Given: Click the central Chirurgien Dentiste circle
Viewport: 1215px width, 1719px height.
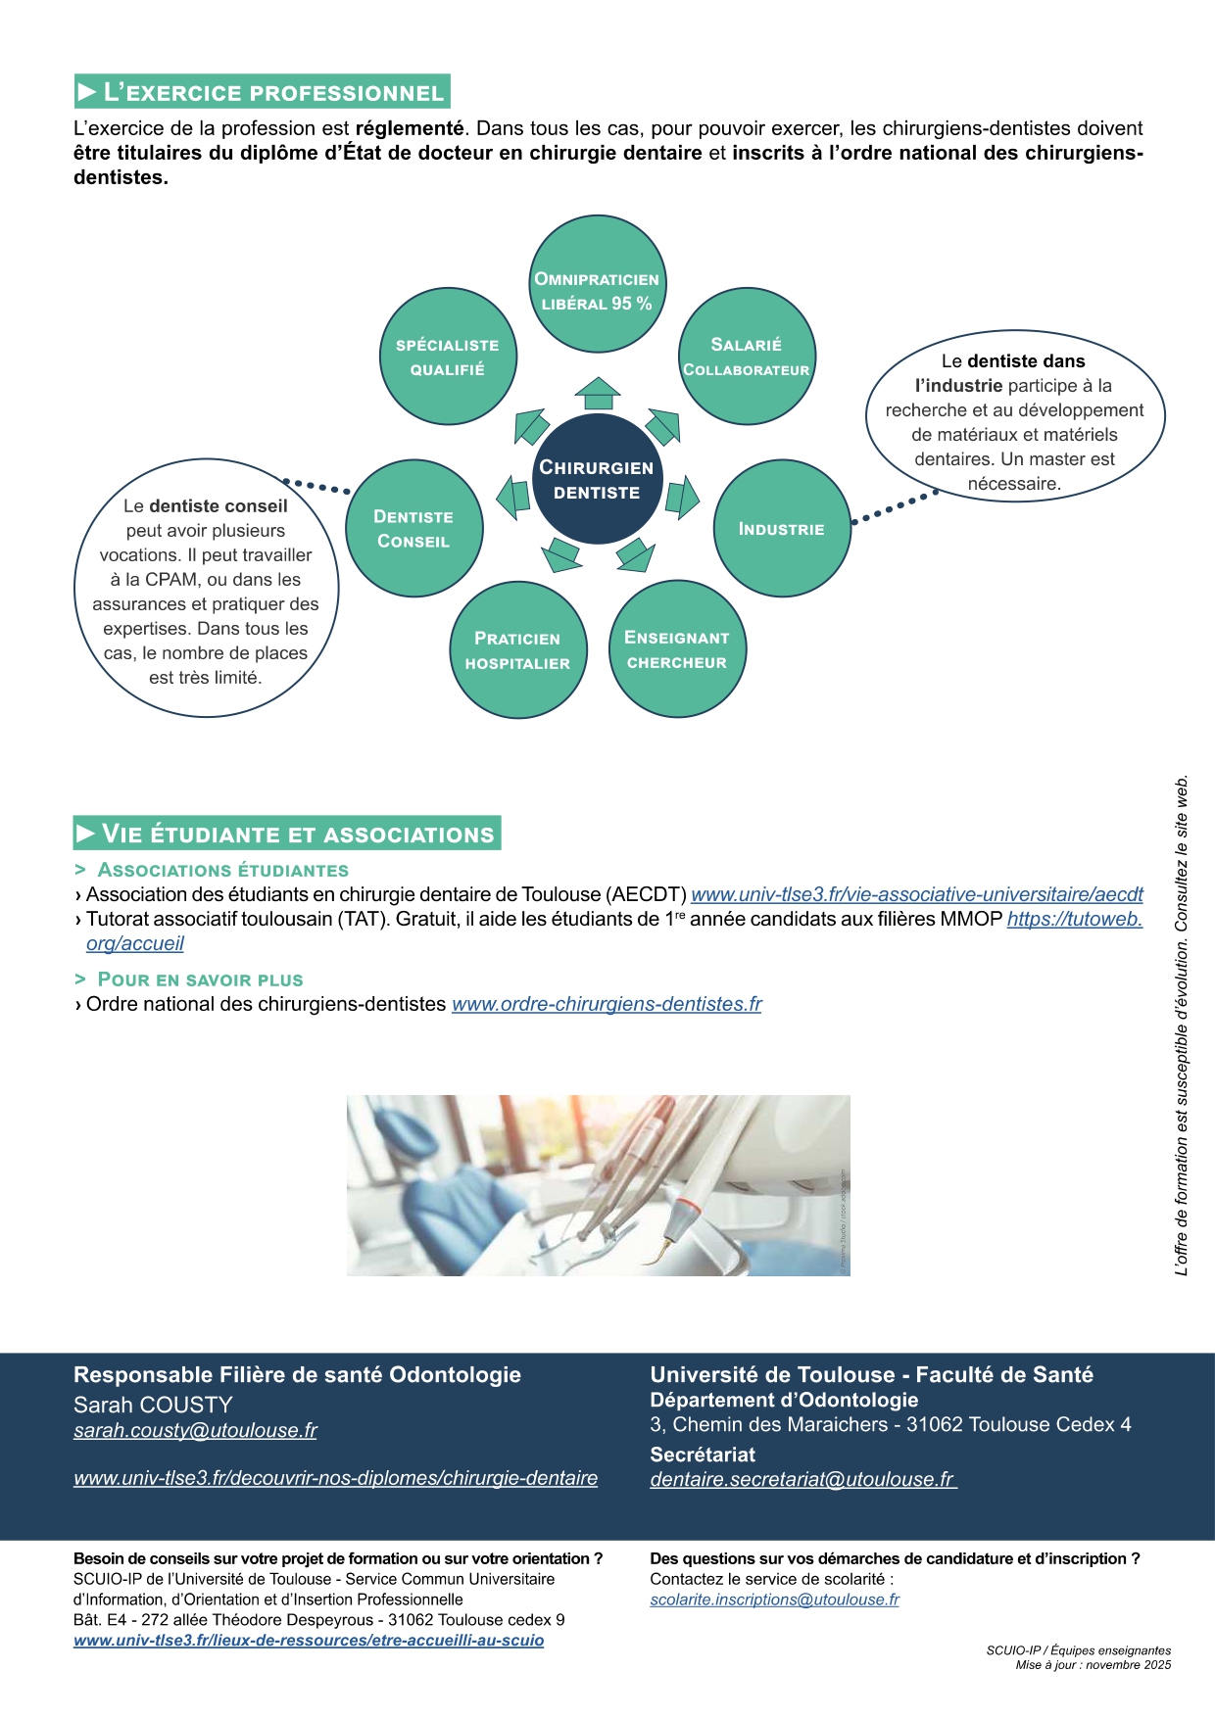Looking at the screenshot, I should click(x=597, y=479).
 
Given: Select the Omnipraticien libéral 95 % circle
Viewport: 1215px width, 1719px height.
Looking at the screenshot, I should click(x=597, y=283).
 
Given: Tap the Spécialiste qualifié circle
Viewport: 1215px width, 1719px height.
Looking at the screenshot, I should click(x=448, y=357).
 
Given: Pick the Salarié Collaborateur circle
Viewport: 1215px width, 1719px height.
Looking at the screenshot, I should click(x=747, y=357).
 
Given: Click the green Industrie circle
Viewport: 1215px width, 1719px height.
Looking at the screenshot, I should click(x=782, y=529).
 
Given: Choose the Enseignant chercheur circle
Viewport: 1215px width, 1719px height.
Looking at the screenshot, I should click(x=677, y=649).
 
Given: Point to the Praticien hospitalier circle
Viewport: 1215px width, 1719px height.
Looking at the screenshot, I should click(x=517, y=650).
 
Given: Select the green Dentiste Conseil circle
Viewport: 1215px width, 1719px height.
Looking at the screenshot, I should click(x=413, y=529).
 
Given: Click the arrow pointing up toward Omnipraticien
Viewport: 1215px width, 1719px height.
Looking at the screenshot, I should click(x=598, y=393).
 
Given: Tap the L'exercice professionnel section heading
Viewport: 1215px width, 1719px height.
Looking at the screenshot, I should click(x=262, y=92).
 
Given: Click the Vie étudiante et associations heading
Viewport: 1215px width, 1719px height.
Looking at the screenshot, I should click(x=287, y=834).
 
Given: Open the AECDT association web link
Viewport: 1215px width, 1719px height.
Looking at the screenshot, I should click(x=916, y=894).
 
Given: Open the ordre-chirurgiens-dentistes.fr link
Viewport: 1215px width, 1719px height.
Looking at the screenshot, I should click(x=607, y=1004).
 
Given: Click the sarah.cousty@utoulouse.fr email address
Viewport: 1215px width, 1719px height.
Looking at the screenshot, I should click(x=195, y=1430).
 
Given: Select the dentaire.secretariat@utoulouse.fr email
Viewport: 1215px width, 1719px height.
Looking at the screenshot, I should click(x=802, y=1479).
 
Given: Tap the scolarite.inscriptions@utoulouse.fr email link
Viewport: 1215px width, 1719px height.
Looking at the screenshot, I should click(x=774, y=1600).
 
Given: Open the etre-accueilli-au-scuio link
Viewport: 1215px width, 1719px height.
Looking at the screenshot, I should click(x=309, y=1641).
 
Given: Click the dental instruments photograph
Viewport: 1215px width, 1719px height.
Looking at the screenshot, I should click(x=598, y=1185).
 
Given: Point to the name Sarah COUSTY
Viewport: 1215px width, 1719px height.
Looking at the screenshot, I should click(x=153, y=1405).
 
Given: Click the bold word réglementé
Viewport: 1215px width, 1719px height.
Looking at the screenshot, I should click(x=409, y=128).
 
